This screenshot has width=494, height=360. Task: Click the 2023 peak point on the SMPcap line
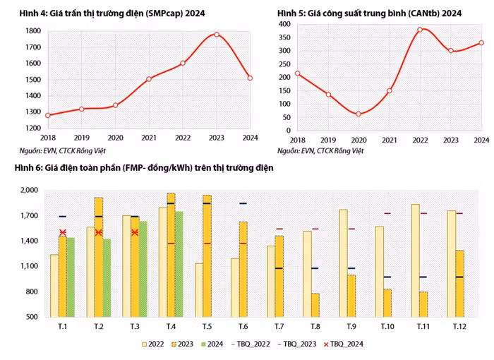216,35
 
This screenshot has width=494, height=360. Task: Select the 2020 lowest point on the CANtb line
358,114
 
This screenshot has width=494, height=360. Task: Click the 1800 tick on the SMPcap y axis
32,31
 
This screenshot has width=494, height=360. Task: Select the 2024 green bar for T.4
179,264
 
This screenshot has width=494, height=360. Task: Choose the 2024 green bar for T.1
71,277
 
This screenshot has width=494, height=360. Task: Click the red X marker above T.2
99,232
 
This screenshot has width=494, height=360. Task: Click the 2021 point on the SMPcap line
148,79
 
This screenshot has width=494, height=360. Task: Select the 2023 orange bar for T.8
315,305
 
